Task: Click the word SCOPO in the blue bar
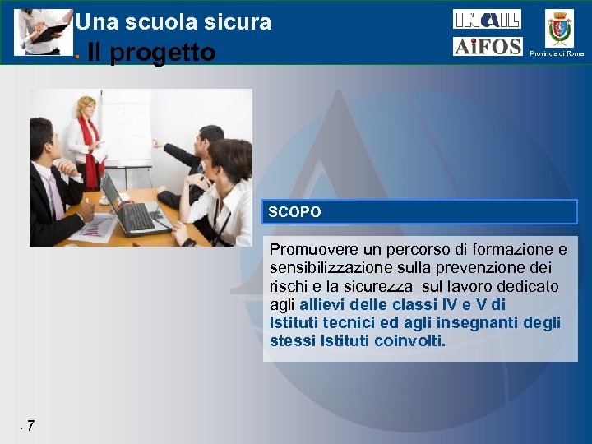point(294,212)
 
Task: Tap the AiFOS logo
point(487,47)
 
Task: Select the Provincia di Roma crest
point(559,29)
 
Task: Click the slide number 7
point(30,426)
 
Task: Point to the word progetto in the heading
point(163,53)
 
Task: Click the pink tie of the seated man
point(55,197)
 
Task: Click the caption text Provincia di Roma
point(557,53)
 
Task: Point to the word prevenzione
point(486,268)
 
